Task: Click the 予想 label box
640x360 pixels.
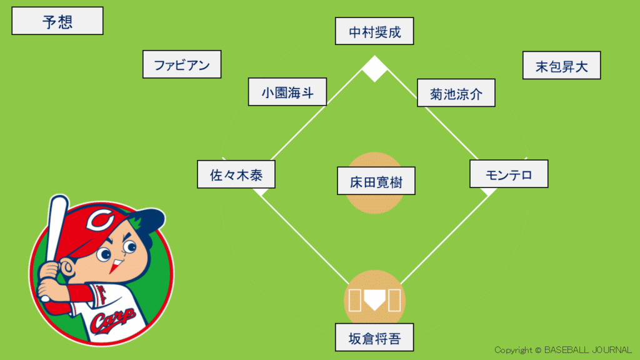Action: (57, 21)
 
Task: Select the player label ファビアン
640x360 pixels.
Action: (182, 64)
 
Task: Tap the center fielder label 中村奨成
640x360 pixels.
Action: (374, 31)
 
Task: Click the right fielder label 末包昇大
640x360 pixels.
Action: (561, 66)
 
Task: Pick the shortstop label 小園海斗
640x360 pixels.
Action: (287, 92)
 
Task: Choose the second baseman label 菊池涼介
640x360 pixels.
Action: (456, 93)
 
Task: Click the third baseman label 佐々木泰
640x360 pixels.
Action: (236, 174)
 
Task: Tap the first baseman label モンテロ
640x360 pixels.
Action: (508, 174)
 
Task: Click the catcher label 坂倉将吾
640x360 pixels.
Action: (374, 338)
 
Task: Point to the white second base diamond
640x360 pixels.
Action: (375, 69)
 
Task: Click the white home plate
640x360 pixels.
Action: (374, 301)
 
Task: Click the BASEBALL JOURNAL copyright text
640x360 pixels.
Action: (563, 350)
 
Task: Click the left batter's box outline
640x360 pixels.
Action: (354, 301)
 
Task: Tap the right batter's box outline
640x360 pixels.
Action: (394, 301)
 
